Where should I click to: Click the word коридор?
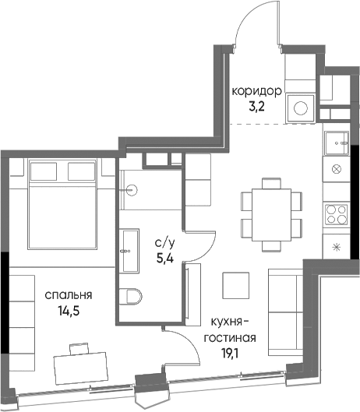pyautogui.click(x=256, y=92)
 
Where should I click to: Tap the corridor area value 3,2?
pyautogui.click(x=256, y=107)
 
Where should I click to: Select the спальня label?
pyautogui.click(x=69, y=295)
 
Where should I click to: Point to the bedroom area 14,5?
pyautogui.click(x=69, y=312)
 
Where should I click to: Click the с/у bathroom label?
pyautogui.click(x=164, y=244)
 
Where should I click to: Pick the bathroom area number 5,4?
pyautogui.click(x=165, y=259)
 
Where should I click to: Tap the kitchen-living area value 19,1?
pyautogui.click(x=230, y=354)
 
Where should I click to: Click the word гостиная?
pyautogui.click(x=230, y=338)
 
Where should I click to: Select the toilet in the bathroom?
pyautogui.click(x=130, y=297)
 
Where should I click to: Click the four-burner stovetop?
pyautogui.click(x=336, y=215)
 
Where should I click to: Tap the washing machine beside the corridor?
pyautogui.click(x=301, y=108)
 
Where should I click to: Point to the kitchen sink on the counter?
pyautogui.click(x=337, y=143)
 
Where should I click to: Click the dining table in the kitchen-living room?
pyautogui.click(x=271, y=215)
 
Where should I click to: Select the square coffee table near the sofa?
pyautogui.click(x=235, y=286)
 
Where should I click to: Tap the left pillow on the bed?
pyautogui.click(x=44, y=171)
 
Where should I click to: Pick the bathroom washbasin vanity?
pyautogui.click(x=129, y=251)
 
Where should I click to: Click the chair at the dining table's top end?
pyautogui.click(x=271, y=183)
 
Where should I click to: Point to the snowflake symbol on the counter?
pyautogui.click(x=337, y=247)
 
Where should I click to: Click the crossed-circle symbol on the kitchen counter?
pyautogui.click(x=337, y=169)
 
